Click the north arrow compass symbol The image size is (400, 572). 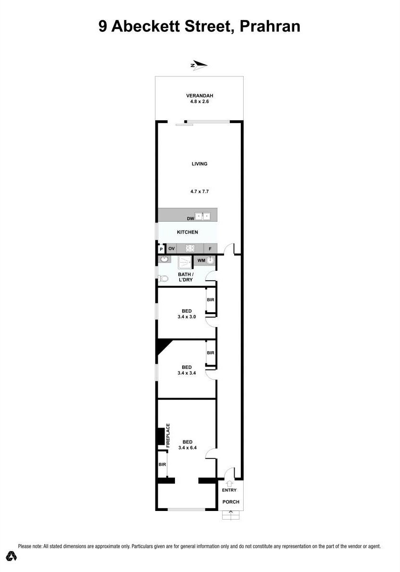[199, 65]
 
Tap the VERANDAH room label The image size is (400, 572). [199, 96]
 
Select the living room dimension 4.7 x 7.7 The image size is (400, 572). [199, 192]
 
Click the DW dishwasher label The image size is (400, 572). [190, 218]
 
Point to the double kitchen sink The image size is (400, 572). [203, 216]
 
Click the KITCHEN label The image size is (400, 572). [187, 232]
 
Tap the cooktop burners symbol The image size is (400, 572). [190, 248]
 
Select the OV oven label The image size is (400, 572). [172, 249]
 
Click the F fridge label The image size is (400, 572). [210, 249]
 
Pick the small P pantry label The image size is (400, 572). [161, 249]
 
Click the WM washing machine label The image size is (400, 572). [201, 261]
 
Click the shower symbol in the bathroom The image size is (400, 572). [185, 262]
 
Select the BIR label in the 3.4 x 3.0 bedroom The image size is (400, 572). [211, 300]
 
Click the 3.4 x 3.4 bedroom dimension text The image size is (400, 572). [186, 373]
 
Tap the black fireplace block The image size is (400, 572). [161, 437]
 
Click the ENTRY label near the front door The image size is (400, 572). [229, 490]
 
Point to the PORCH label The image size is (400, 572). [231, 502]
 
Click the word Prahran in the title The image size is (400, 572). [270, 26]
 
